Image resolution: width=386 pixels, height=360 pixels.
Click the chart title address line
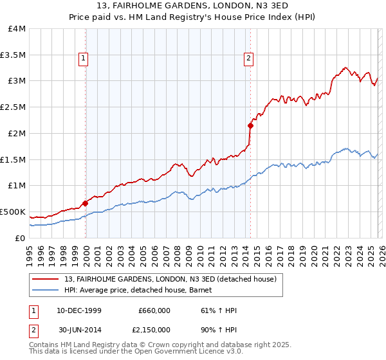tap(193, 6)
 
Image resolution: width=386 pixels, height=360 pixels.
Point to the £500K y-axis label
tap(13, 212)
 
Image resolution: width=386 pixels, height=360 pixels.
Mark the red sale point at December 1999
tap(86, 203)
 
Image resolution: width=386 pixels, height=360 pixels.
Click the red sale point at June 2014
tap(250, 125)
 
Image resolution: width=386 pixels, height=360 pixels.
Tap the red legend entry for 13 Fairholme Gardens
tap(170, 279)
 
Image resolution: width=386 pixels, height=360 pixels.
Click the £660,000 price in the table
tap(154, 310)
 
